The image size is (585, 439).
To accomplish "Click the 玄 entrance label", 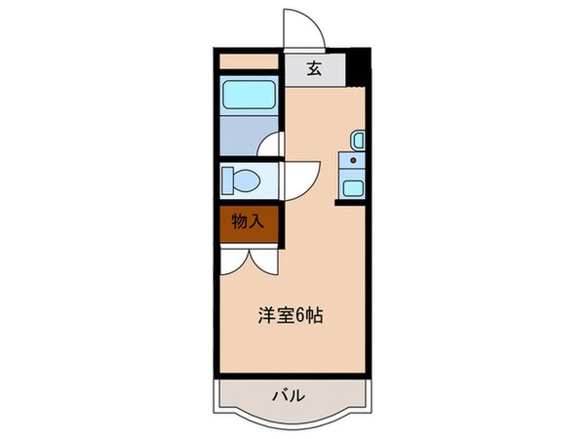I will coord(315,68).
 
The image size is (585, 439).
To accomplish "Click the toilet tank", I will coord(228,180).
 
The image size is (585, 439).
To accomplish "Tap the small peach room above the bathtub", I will coord(250,60).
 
